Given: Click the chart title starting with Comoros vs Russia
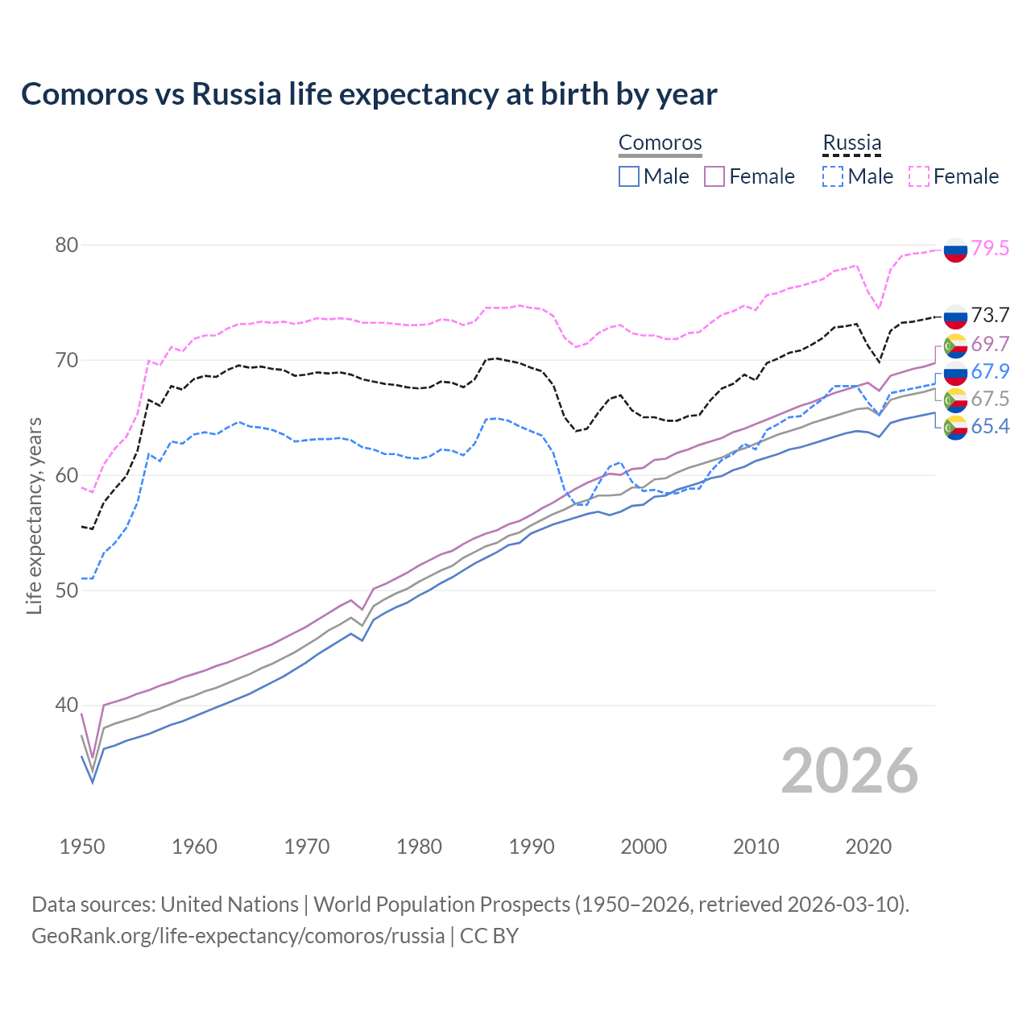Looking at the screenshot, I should tap(369, 94).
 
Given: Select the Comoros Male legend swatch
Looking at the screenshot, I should tap(629, 176).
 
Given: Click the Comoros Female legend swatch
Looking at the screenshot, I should tap(714, 176).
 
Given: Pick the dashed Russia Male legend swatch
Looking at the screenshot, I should tap(833, 176).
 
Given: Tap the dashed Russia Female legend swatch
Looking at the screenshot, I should tap(919, 176).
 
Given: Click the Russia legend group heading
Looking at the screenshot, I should tap(851, 143).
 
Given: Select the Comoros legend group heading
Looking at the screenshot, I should tap(660, 143).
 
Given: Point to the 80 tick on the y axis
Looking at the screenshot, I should tap(66, 245).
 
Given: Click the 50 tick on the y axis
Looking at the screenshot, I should tap(66, 590).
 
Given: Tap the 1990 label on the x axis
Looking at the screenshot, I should tap(532, 847).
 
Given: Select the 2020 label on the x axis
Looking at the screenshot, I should tap(868, 847).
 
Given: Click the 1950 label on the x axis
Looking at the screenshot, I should tap(83, 847).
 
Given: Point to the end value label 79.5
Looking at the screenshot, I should tap(990, 248).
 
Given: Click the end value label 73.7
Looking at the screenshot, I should tap(990, 315).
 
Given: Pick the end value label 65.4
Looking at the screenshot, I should tap(990, 426).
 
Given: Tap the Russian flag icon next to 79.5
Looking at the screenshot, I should tap(955, 251).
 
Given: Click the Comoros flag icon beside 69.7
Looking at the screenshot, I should tap(955, 346).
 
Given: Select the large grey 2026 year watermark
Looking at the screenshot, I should tap(850, 771).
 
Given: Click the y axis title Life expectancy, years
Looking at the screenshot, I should tap(34, 515).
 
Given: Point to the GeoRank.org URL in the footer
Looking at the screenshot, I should tap(238, 936).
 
